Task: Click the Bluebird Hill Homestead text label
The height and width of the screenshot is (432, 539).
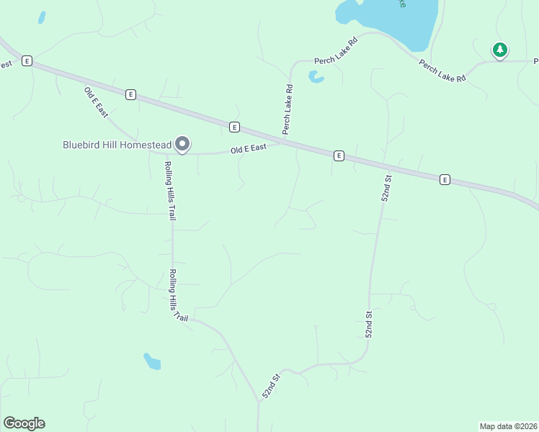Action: pyautogui.click(x=117, y=145)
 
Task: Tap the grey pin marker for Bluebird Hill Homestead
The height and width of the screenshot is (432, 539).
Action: pyautogui.click(x=183, y=145)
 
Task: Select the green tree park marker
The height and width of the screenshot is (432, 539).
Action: pyautogui.click(x=499, y=50)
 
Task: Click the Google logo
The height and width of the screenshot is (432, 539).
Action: pyautogui.click(x=24, y=423)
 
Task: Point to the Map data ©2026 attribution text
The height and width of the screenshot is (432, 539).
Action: pyautogui.click(x=508, y=426)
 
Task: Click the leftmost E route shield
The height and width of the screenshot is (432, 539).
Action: pyautogui.click(x=27, y=61)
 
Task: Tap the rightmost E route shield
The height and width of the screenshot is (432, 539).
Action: pyautogui.click(x=445, y=179)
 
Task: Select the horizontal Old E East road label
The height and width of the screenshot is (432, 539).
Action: pyautogui.click(x=249, y=149)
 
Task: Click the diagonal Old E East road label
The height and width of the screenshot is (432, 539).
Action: pyautogui.click(x=96, y=102)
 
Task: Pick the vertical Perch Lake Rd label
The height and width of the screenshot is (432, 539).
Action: pyautogui.click(x=288, y=109)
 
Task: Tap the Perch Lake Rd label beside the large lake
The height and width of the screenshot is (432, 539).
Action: pyautogui.click(x=442, y=70)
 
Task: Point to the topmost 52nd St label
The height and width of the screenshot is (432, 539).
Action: pyautogui.click(x=387, y=187)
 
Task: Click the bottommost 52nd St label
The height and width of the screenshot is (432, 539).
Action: pyautogui.click(x=270, y=387)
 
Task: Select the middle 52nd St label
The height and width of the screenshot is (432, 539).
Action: pyautogui.click(x=369, y=324)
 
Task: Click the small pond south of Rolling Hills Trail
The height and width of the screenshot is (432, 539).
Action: pyautogui.click(x=152, y=361)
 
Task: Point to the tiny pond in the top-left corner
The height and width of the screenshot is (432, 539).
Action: pyautogui.click(x=42, y=17)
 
